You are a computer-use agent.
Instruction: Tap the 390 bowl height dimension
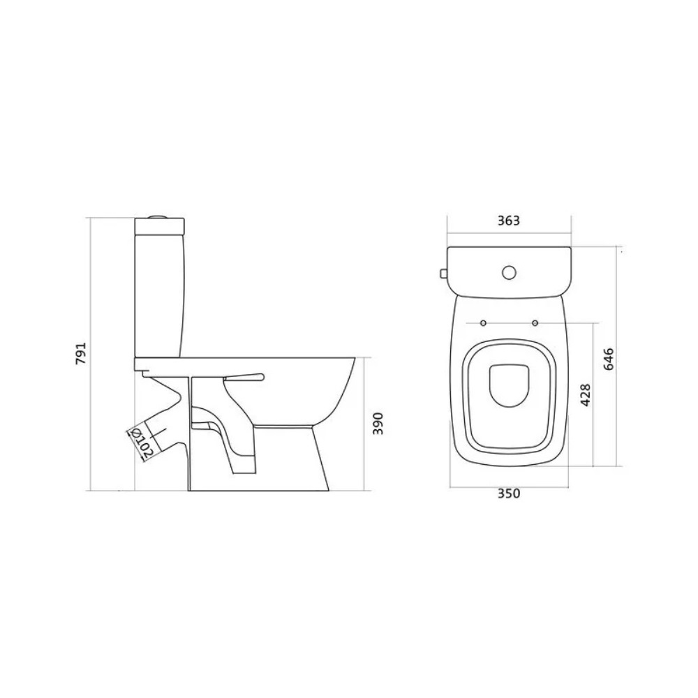(378, 424)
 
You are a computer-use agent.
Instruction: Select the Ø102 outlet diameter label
(142, 443)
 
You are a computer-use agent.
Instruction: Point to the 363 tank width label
(508, 221)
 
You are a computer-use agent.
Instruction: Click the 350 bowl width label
(508, 493)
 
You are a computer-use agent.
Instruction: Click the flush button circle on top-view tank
(508, 272)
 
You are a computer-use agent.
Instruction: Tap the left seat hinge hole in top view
(484, 322)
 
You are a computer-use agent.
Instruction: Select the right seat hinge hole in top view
(535, 322)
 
